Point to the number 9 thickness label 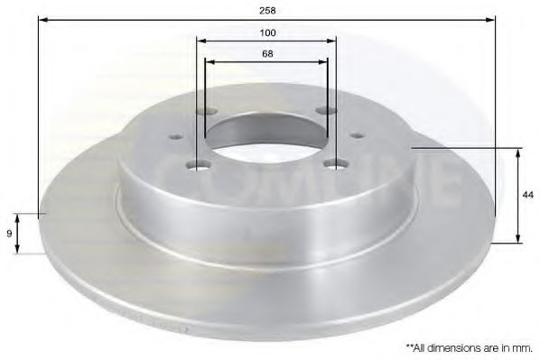(x=8, y=234)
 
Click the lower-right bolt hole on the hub (x=338, y=163)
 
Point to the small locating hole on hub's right (x=358, y=135)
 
